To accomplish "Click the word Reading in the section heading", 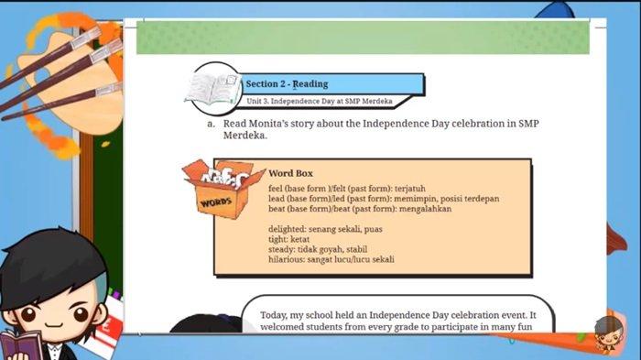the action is click(310, 84).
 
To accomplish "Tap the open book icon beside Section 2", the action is click(212, 88).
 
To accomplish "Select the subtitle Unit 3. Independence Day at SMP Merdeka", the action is click(320, 101).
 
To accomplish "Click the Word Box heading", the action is click(290, 173).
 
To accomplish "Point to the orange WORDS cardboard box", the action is click(222, 189).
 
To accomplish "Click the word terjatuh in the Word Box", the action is click(410, 189).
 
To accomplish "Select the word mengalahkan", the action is click(425, 209).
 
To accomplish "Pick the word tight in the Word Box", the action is click(277, 239).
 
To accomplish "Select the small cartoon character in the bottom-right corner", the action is click(609, 333).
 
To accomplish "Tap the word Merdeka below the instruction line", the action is click(244, 136).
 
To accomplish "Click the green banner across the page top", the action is click(363, 38).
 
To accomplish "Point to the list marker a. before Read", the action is click(211, 124).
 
